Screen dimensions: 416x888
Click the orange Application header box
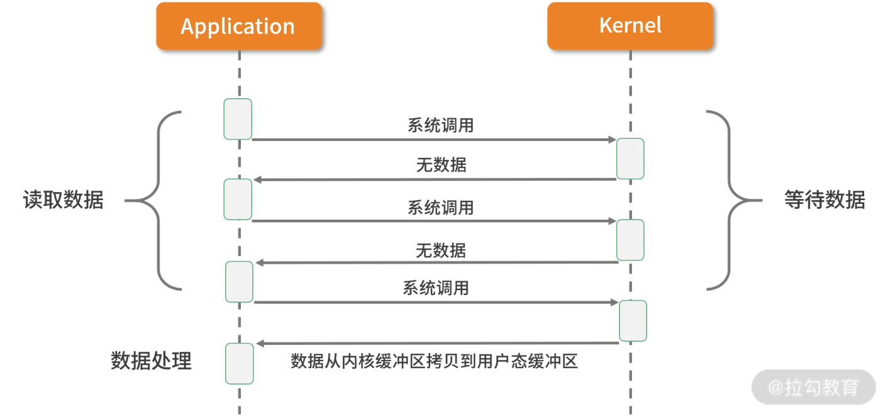point(239,26)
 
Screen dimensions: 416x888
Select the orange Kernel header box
point(630,26)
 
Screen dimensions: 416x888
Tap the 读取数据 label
point(63,200)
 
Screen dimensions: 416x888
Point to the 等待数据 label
point(824,200)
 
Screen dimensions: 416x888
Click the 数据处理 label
point(151,361)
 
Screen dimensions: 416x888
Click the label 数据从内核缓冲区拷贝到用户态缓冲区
point(433,361)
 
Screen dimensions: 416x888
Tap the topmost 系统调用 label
point(440,125)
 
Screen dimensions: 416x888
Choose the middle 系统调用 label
point(440,207)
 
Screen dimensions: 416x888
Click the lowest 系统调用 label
point(436,288)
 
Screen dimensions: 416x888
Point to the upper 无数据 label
point(441,166)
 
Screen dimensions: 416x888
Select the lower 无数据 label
point(441,250)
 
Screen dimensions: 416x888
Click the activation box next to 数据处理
point(240,364)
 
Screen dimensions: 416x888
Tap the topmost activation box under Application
point(238,119)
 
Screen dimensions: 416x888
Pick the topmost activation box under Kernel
point(630,159)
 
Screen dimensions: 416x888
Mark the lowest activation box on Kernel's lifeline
point(633,321)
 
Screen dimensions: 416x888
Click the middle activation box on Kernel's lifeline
point(630,240)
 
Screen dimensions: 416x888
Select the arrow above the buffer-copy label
point(437,344)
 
